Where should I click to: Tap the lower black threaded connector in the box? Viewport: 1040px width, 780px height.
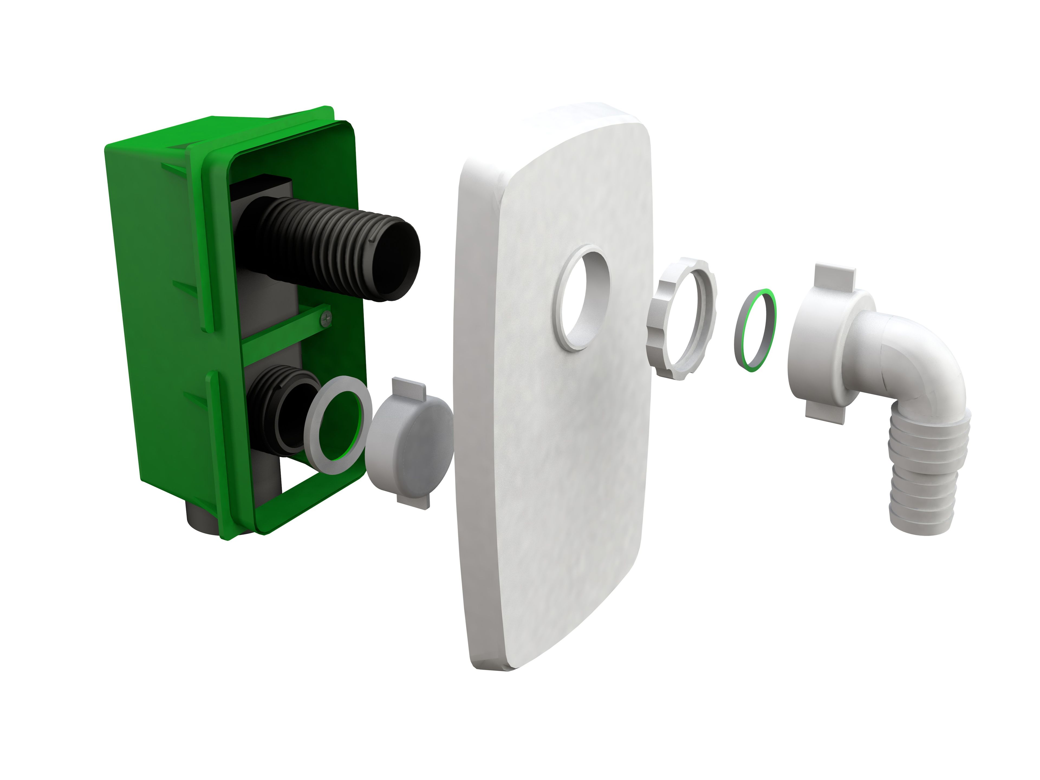[x=277, y=404]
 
